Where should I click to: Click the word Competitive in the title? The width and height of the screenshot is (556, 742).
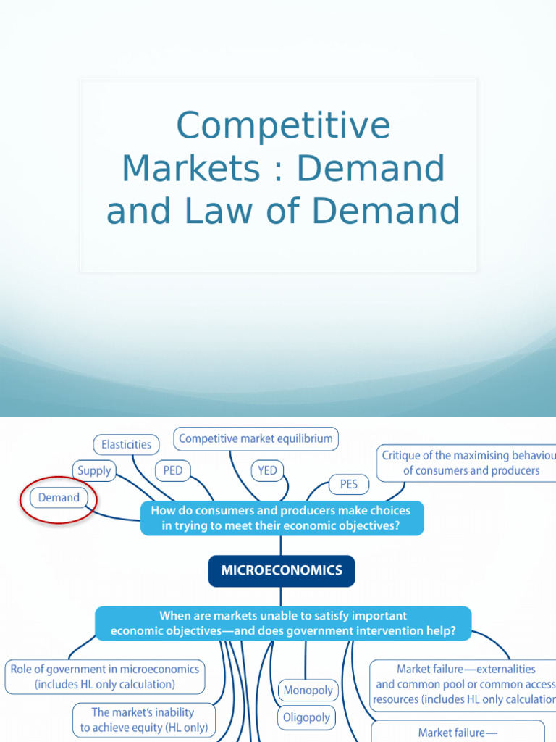pyautogui.click(x=283, y=125)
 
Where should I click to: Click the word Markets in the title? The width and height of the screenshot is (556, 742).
pyautogui.click(x=190, y=169)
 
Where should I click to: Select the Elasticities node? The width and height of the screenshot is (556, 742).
pyautogui.click(x=127, y=444)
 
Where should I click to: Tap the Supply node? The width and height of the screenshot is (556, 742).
pyautogui.click(x=95, y=470)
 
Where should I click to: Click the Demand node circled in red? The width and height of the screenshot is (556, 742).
pyautogui.click(x=59, y=498)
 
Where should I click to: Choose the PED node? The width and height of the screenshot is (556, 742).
pyautogui.click(x=173, y=470)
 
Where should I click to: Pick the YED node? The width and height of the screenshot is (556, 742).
pyautogui.click(x=268, y=470)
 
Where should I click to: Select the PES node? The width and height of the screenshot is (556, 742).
pyautogui.click(x=349, y=483)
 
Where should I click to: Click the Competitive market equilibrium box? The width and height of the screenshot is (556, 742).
pyautogui.click(x=256, y=438)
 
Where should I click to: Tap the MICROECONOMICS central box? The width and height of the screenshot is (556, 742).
pyautogui.click(x=282, y=570)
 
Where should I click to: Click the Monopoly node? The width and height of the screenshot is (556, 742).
pyautogui.click(x=308, y=691)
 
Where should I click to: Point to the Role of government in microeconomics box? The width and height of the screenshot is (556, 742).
pyautogui.click(x=104, y=677)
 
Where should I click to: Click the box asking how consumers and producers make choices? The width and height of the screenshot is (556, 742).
pyautogui.click(x=281, y=519)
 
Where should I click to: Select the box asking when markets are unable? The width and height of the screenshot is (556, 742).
pyautogui.click(x=283, y=623)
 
